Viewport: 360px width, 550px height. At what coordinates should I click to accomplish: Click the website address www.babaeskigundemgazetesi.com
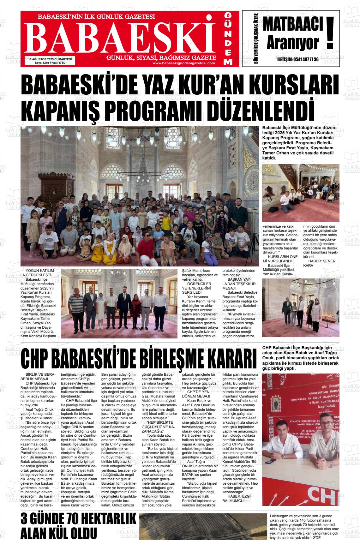tap(183, 63)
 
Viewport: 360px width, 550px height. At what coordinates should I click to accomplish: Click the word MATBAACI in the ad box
tap(293, 25)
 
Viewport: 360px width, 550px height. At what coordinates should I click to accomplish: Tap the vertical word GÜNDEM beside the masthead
tap(228, 39)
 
